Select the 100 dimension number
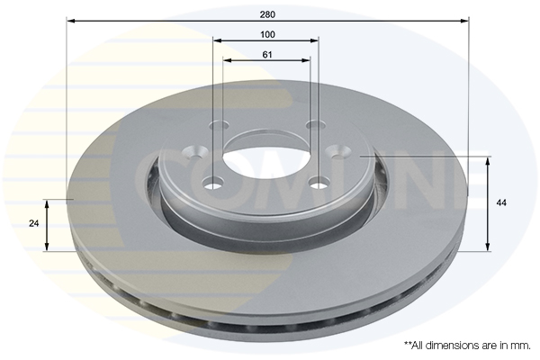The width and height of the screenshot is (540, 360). click(x=267, y=33)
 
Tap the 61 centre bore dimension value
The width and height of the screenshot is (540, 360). click(x=267, y=55)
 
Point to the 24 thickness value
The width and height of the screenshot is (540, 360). click(x=34, y=222)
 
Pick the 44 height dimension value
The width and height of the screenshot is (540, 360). click(x=500, y=203)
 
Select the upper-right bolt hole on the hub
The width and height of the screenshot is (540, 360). click(x=314, y=125)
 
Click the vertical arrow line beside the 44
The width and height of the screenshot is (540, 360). click(x=487, y=203)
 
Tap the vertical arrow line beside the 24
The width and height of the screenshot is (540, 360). click(x=48, y=225)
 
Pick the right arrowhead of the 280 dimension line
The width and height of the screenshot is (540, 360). click(x=466, y=19)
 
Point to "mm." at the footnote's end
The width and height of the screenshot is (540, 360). click(x=520, y=345)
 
